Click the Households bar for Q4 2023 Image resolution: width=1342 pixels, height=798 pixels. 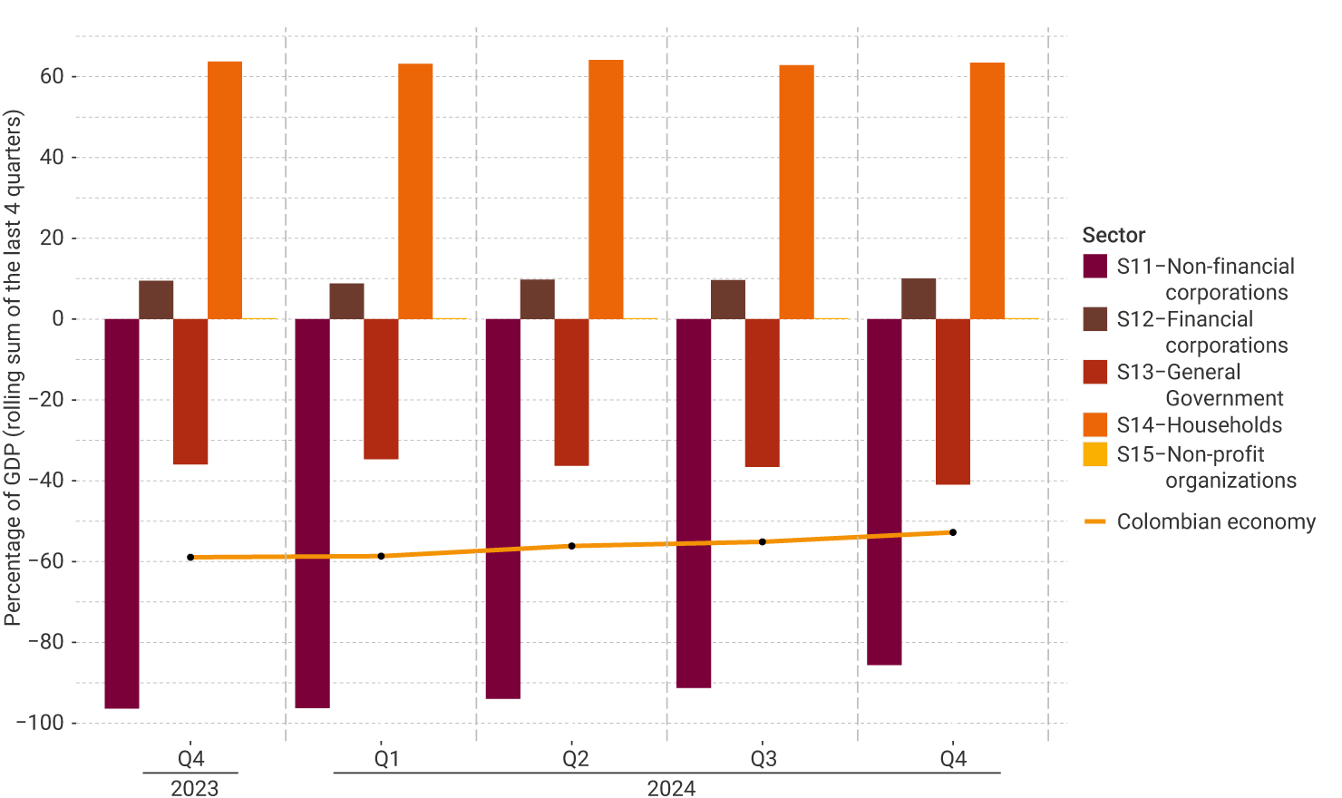(x=225, y=190)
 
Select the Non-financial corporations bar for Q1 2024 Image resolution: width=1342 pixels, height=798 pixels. (x=313, y=513)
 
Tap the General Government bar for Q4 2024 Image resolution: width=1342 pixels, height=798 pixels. (x=953, y=402)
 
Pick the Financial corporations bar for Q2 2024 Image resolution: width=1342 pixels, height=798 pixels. (x=538, y=299)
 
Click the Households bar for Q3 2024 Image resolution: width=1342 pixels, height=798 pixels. (x=797, y=192)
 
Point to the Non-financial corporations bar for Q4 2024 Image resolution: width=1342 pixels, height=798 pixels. (x=884, y=491)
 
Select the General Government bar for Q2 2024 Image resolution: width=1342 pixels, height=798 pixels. (x=572, y=393)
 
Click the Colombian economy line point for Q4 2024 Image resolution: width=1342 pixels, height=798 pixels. (x=953, y=532)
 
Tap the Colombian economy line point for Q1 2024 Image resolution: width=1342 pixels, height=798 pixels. (x=381, y=556)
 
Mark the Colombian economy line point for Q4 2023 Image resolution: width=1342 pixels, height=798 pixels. (x=190, y=557)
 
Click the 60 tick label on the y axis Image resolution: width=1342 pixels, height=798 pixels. (x=52, y=76)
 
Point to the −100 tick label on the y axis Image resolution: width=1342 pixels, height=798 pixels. (x=40, y=723)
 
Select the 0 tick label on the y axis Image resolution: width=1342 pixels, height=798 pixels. (x=58, y=318)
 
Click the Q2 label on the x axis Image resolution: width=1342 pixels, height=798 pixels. (x=576, y=759)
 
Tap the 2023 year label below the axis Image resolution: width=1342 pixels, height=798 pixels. (x=194, y=788)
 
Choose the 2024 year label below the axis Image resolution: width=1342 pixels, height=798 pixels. (x=671, y=788)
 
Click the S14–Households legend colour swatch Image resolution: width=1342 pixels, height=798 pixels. (x=1095, y=425)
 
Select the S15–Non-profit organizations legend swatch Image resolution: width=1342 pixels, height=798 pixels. (x=1095, y=454)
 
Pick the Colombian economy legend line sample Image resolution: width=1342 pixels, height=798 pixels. (x=1095, y=521)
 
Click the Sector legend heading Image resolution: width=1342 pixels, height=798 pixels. (x=1113, y=236)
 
